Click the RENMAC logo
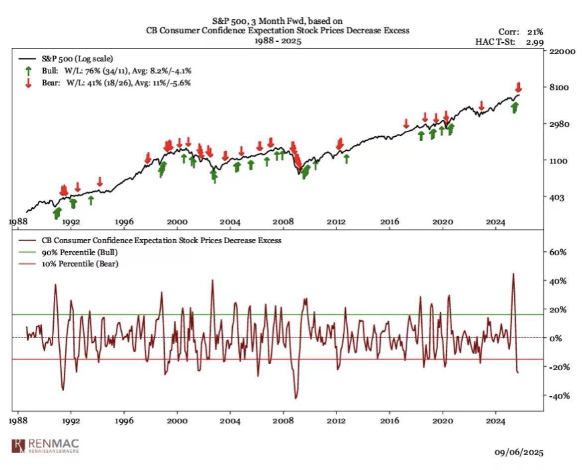46,445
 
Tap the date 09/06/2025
519,452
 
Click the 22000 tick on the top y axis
561,51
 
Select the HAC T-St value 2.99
534,42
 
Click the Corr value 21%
533,32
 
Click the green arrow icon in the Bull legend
28,71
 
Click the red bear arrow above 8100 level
518,87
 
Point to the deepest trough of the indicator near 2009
296,398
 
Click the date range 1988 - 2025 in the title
277,40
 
